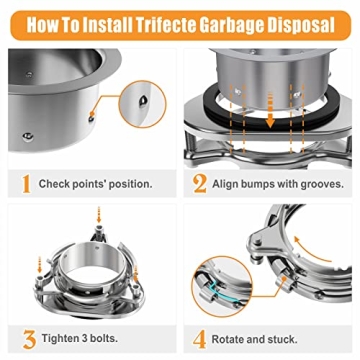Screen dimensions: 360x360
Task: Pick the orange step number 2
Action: (x=200, y=183)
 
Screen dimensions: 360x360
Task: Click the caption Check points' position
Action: (x=95, y=184)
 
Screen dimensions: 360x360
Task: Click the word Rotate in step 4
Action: (x=234, y=339)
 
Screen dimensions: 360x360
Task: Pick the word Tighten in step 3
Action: (x=59, y=339)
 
